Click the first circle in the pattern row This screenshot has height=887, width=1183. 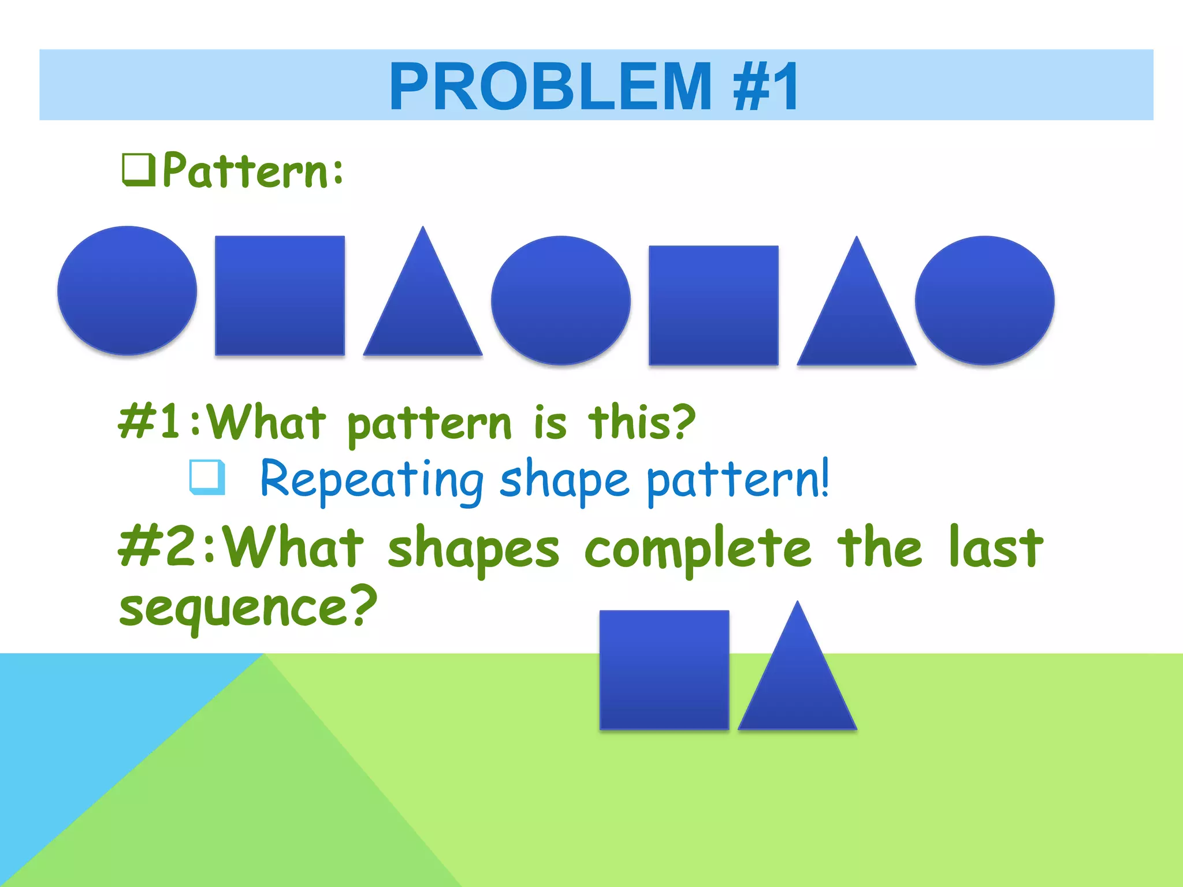[x=127, y=290]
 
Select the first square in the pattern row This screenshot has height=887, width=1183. [x=280, y=295]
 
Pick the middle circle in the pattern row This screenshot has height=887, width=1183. [x=561, y=300]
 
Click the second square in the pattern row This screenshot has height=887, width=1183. [x=713, y=305]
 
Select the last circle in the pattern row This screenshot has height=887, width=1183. [x=985, y=300]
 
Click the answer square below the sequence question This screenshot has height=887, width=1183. [x=664, y=670]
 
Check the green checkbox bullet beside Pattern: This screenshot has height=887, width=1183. [x=139, y=170]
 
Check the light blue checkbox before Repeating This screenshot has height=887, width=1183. [x=207, y=477]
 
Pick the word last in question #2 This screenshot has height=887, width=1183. [x=996, y=547]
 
